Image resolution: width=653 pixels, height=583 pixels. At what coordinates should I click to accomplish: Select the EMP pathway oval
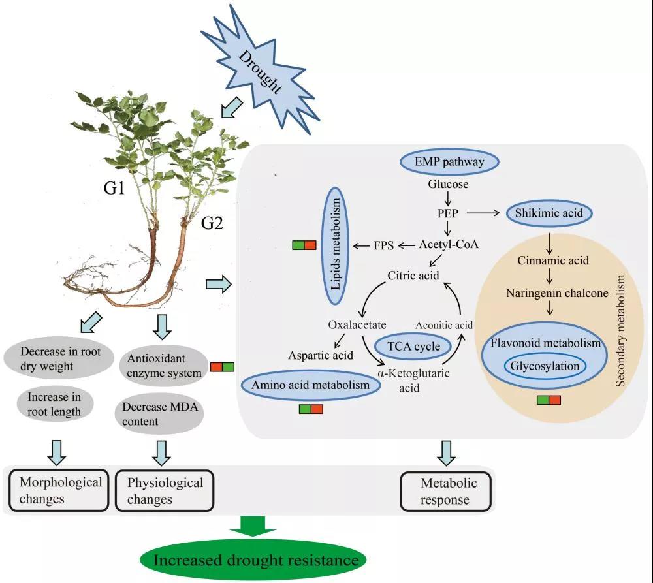click(449, 161)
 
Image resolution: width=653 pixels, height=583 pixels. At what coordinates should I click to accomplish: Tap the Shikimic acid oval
click(549, 213)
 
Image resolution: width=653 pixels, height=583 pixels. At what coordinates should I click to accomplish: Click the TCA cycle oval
click(413, 347)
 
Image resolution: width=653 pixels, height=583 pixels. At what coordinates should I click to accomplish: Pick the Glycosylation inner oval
click(545, 366)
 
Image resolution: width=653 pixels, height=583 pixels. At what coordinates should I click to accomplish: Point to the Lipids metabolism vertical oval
click(335, 245)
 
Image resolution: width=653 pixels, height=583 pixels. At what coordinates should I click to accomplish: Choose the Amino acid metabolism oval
click(310, 385)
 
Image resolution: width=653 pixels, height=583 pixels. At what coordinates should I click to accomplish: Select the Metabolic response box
click(445, 492)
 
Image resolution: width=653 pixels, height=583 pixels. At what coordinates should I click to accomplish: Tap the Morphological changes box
click(59, 490)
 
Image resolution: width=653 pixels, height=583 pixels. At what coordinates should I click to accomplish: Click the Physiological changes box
click(165, 490)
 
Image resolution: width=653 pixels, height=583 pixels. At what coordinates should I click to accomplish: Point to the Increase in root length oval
click(55, 404)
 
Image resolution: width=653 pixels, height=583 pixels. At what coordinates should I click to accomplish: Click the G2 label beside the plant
click(212, 224)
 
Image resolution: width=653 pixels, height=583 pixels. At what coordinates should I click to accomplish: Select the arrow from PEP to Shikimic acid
click(483, 213)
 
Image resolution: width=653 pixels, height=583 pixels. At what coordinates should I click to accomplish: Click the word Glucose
click(448, 184)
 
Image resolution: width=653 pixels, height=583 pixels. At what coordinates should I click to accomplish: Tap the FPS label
click(383, 245)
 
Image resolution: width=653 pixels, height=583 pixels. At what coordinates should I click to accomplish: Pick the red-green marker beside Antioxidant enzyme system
click(222, 367)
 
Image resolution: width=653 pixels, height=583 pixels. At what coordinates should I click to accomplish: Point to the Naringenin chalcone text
click(557, 293)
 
